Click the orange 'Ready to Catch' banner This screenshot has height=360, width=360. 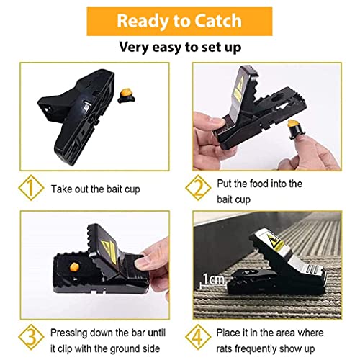(x=179, y=20)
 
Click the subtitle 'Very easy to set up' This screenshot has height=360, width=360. (x=179, y=48)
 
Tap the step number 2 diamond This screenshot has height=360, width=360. (x=204, y=189)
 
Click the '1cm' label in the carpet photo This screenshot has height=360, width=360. (x=214, y=276)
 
